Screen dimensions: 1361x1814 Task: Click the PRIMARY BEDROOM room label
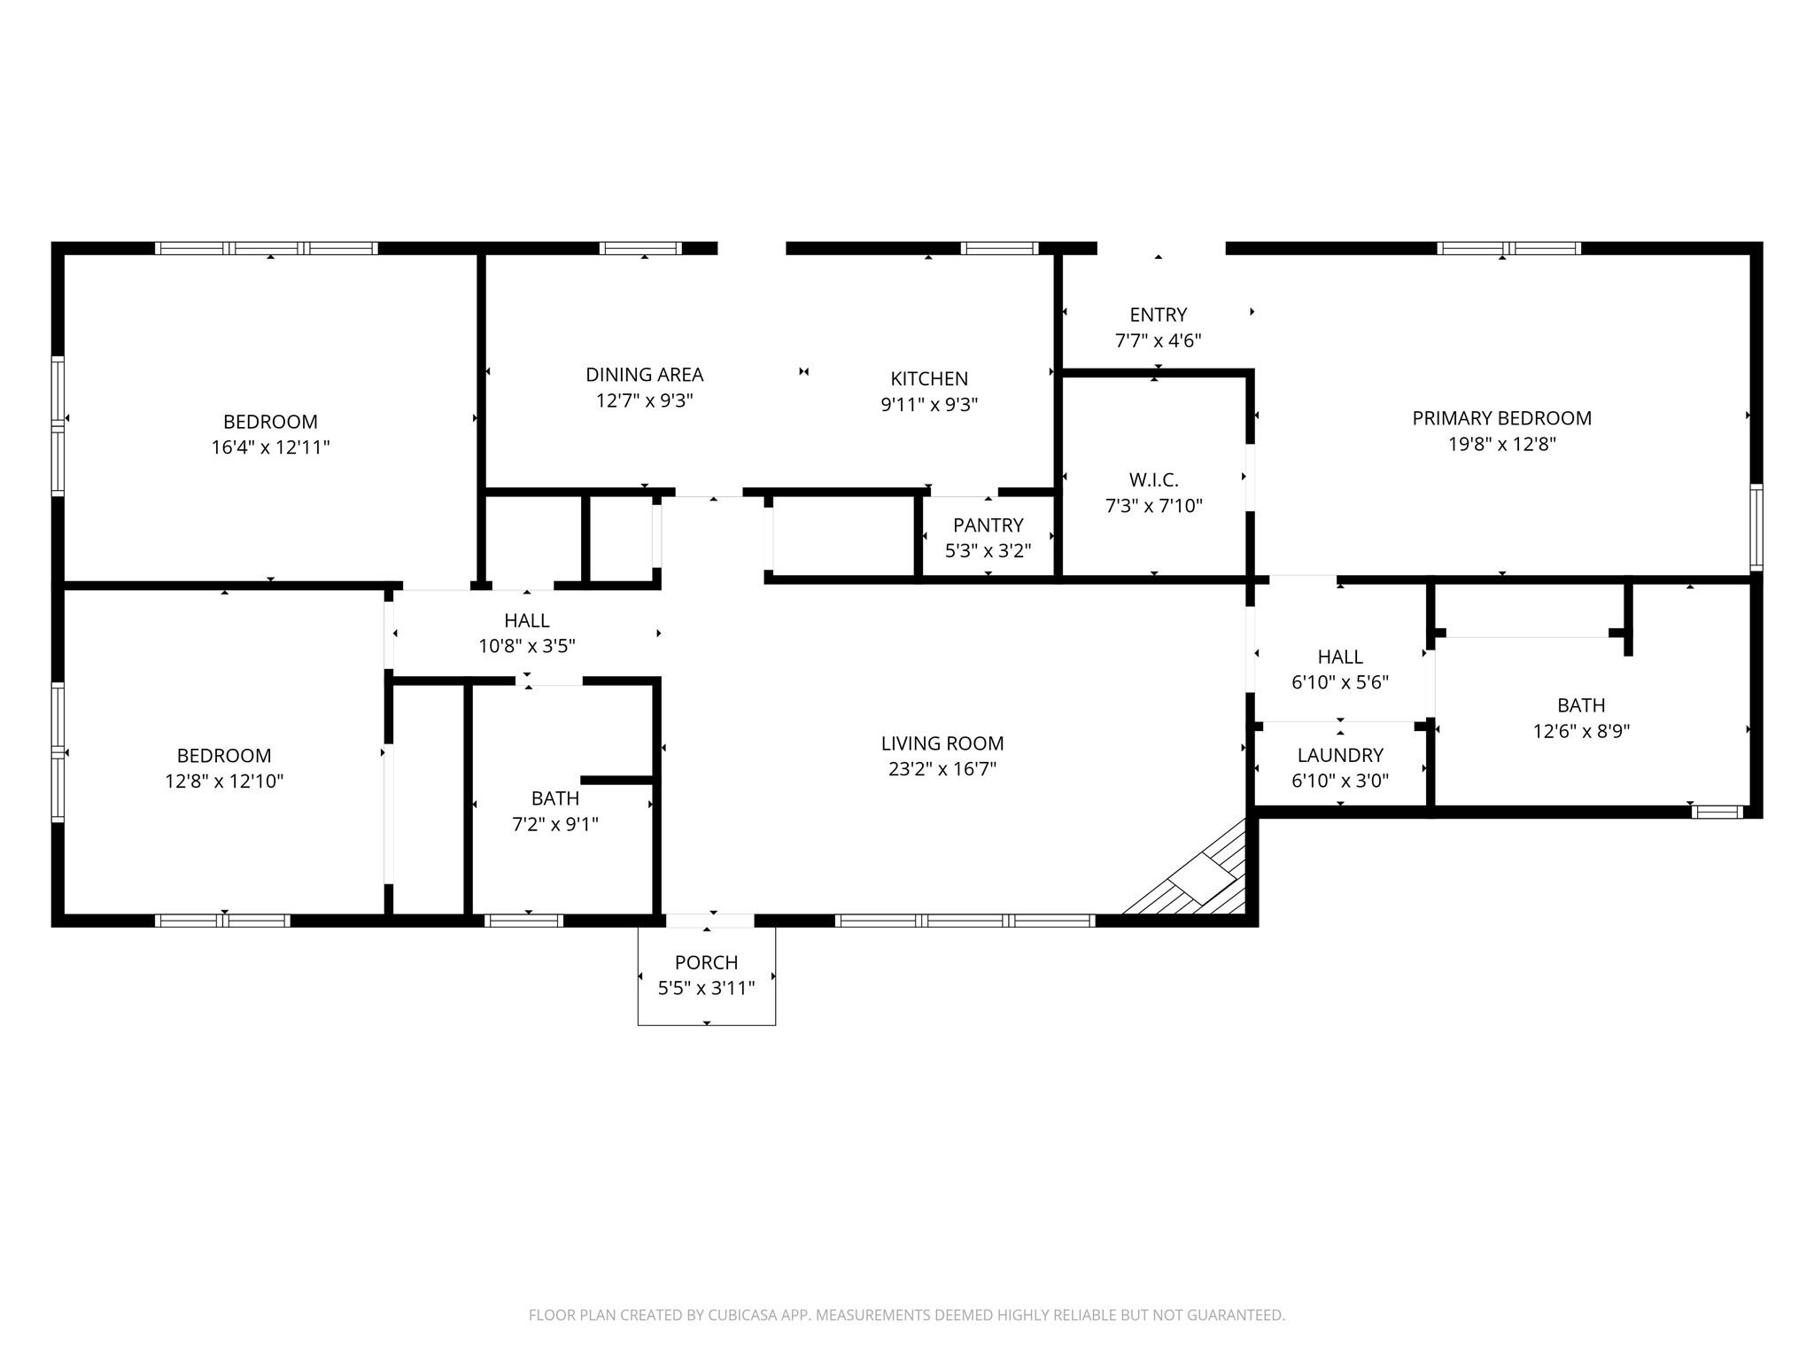pos(1501,418)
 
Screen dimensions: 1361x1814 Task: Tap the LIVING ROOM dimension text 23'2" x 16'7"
pos(942,769)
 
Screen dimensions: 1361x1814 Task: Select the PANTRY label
pos(988,525)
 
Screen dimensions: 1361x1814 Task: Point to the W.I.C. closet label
pos(1153,480)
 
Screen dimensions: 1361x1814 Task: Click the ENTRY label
pos(1158,315)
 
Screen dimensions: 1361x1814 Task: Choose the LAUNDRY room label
pos(1339,755)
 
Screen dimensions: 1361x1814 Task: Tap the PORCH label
pos(706,962)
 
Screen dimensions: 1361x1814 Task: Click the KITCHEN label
pos(928,379)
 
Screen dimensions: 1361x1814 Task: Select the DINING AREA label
pos(644,375)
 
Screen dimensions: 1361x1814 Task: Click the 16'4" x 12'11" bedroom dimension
pos(270,447)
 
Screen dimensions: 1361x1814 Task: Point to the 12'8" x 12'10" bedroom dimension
pos(224,782)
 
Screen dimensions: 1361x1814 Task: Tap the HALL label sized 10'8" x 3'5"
pos(526,620)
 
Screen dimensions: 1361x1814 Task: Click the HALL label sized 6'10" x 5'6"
pos(1339,657)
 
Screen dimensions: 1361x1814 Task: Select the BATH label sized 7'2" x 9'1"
pos(555,798)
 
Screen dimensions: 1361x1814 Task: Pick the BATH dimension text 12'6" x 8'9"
pos(1581,732)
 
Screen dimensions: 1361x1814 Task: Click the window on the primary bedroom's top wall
pos(1508,248)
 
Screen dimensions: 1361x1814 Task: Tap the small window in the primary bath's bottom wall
pos(1716,812)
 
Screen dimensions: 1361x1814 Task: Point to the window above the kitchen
pos(999,248)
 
